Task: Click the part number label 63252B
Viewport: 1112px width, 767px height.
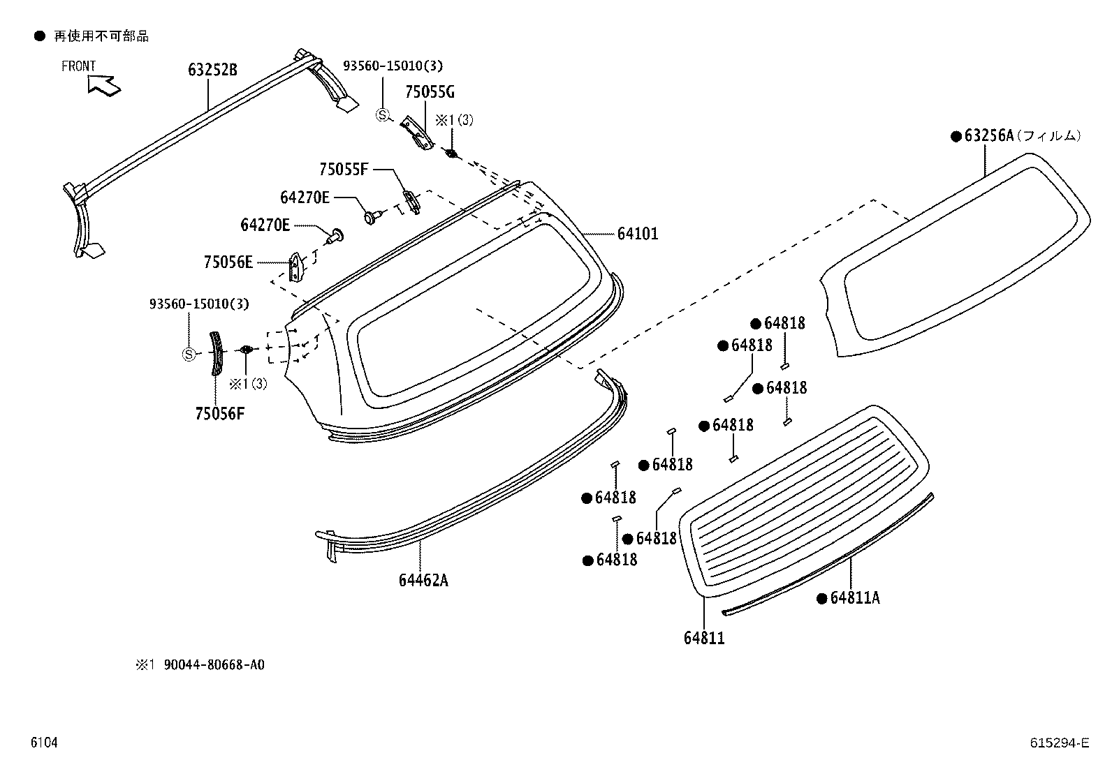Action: (212, 70)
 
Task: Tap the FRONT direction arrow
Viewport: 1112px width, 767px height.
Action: (103, 84)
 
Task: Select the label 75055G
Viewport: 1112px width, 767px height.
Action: (430, 92)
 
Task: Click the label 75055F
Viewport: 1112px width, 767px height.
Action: (343, 169)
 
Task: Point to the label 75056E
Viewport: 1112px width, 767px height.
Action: (228, 262)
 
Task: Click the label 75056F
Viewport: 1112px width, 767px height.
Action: (220, 414)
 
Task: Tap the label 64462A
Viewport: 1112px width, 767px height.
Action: (423, 580)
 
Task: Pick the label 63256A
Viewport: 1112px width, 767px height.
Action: (988, 136)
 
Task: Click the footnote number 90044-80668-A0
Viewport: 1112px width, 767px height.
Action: (214, 665)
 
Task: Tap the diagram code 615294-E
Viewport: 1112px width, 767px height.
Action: (1059, 743)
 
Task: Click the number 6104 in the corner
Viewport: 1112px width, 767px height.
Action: (43, 743)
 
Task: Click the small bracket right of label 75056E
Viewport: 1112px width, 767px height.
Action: (296, 267)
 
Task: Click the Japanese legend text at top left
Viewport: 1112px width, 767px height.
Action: (101, 36)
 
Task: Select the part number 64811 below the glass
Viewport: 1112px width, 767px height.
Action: (704, 638)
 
